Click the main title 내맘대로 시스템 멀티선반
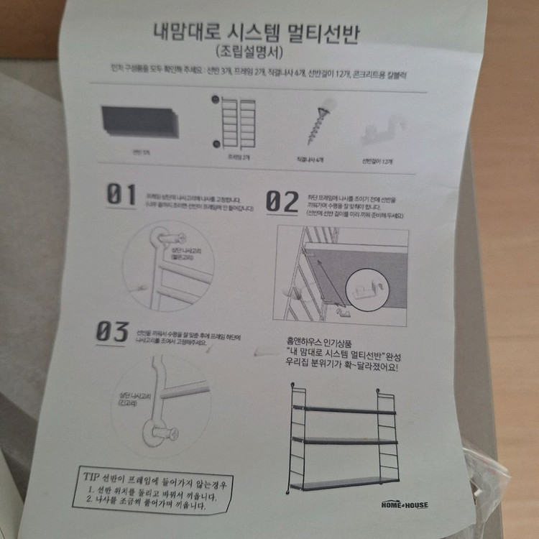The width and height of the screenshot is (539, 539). [256, 33]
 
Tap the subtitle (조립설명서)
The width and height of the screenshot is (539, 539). [250, 52]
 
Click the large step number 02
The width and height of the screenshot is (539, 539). [282, 201]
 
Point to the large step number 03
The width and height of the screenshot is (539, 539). [113, 331]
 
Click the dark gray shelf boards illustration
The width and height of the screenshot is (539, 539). [139, 121]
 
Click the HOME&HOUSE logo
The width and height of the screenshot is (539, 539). [404, 505]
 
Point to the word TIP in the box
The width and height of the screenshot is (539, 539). [91, 475]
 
